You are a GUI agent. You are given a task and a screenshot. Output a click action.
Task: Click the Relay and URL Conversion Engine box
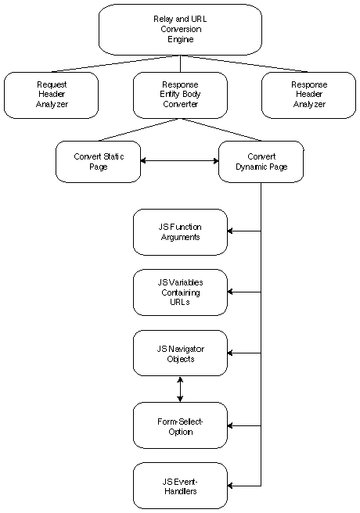(180, 30)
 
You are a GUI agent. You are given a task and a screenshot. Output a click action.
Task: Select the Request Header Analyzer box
(52, 95)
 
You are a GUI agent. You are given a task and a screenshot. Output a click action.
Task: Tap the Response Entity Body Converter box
(180, 95)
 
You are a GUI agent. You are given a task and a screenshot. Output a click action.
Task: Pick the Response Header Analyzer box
(308, 95)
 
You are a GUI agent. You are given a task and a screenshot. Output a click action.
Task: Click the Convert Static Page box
(98, 162)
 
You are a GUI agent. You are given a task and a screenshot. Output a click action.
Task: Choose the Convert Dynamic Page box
(261, 162)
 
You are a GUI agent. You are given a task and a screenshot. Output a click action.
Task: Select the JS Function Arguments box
(180, 232)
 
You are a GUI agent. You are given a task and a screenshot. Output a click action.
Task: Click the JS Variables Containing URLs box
(180, 292)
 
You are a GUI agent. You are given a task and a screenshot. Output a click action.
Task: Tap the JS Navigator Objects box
(180, 353)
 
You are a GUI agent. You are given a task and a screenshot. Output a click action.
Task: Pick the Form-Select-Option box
(180, 425)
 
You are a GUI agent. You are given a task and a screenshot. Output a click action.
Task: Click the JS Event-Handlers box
(180, 486)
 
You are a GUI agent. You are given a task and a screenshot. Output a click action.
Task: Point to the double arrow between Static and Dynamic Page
(180, 160)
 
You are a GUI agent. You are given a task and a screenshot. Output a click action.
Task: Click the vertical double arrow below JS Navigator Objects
(180, 389)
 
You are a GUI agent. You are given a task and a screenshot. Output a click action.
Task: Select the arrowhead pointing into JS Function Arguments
(230, 231)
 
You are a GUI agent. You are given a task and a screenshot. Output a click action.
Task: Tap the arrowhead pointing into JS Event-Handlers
(230, 486)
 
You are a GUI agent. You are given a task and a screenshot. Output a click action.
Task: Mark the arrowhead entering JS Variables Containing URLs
(230, 292)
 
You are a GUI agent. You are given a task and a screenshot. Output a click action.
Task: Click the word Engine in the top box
(181, 40)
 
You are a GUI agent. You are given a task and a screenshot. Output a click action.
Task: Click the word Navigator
(186, 349)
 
